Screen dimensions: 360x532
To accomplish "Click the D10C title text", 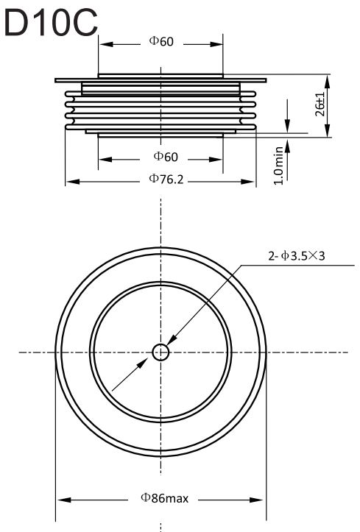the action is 51,22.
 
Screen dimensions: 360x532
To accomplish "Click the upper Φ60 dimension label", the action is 161,41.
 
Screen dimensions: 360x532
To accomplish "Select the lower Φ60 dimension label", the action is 166,157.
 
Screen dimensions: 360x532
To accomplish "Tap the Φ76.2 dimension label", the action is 166,179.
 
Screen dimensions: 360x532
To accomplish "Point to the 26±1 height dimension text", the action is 320,104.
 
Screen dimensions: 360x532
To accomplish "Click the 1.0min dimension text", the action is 278,166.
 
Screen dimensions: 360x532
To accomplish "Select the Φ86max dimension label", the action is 165,498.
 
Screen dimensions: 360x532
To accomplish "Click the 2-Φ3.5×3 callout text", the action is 297,255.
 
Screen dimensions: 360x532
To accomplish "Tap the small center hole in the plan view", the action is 160,352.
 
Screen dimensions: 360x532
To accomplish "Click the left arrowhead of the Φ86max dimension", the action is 64,500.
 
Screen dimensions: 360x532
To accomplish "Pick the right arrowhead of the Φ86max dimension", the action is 256,500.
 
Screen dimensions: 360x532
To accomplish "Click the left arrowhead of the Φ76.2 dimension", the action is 73,182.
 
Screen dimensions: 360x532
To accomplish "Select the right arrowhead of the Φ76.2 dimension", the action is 247,182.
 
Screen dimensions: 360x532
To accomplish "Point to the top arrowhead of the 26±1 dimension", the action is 327,82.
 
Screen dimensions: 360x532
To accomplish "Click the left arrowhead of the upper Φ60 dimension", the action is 106,44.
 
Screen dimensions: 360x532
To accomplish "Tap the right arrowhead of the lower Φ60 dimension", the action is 216,159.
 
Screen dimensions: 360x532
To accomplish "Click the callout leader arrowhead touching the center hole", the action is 172,340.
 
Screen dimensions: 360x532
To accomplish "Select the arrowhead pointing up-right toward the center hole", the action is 142,364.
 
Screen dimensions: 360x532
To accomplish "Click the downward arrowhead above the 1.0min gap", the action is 287,126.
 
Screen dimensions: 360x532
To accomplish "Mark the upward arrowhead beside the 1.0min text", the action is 287,145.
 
